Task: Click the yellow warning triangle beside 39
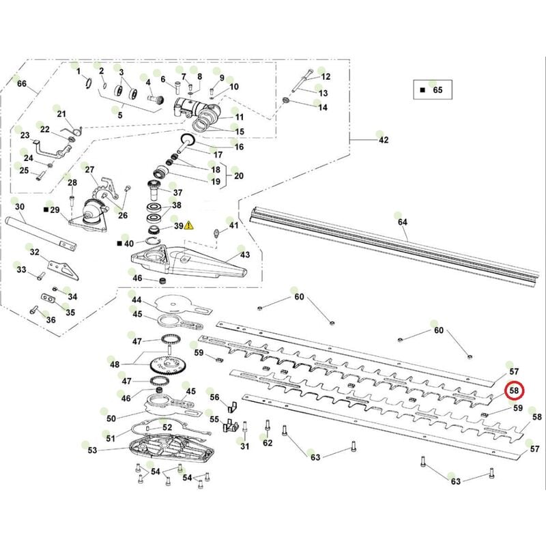pyautogui.click(x=189, y=225)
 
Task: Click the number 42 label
pyautogui.click(x=384, y=140)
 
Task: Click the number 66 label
pyautogui.click(x=22, y=84)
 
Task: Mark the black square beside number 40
pyautogui.click(x=119, y=242)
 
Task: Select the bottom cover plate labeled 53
pyautogui.click(x=326, y=77)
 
